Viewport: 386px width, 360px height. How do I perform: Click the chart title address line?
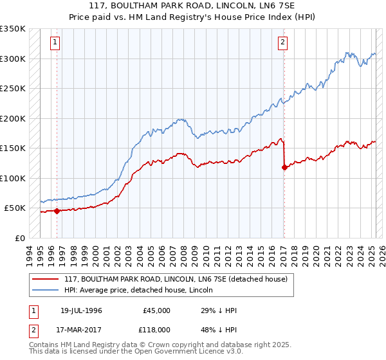[193, 6]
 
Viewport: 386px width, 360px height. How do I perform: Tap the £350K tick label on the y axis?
[13, 29]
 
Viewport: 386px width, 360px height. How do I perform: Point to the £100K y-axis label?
[13, 178]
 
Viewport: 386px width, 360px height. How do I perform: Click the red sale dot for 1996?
[57, 210]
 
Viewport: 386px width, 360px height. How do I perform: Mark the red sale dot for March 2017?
[284, 167]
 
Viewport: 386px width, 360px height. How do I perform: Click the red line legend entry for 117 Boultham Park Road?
[179, 279]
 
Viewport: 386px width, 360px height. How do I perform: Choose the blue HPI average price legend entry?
[143, 290]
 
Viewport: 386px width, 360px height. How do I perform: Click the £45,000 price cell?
[156, 310]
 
